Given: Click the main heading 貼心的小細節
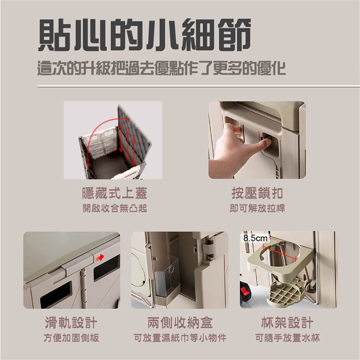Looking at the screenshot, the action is point(144,35).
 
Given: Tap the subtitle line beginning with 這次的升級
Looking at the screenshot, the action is point(161,68).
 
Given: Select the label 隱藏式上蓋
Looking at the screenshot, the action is point(115,193).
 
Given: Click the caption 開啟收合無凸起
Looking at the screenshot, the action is point(115,208).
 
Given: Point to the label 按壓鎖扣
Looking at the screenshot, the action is point(257,193).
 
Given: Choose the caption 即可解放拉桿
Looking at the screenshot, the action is point(257,208).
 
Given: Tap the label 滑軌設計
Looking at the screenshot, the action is point(71,322).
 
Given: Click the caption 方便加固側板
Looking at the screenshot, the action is point(71,338).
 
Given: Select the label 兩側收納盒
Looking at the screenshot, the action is point(180,322).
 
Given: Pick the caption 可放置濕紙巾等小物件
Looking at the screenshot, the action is point(180,338).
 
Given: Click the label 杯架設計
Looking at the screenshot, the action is point(287,322).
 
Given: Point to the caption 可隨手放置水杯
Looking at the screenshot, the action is point(287,338).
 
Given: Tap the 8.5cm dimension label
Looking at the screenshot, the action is point(255,238).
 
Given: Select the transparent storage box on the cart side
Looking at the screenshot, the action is point(167,277).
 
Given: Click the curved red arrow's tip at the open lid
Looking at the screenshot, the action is point(129,118).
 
